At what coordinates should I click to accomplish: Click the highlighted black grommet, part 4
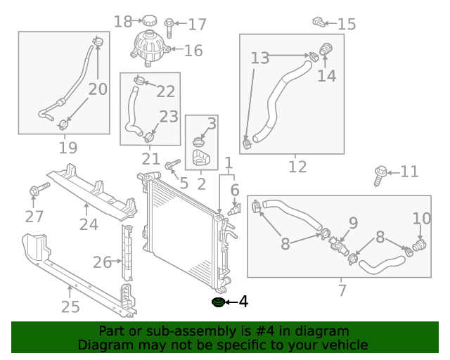[x=218, y=302]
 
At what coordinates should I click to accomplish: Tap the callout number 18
[x=123, y=22]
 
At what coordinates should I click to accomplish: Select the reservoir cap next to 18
[x=150, y=20]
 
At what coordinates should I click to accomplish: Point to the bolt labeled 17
[x=169, y=27]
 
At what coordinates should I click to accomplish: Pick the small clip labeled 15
[x=319, y=22]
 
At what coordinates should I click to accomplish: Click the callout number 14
[x=327, y=76]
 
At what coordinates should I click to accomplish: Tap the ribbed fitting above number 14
[x=326, y=49]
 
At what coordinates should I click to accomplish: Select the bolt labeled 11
[x=380, y=176]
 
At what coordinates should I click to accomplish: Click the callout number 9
[x=353, y=223]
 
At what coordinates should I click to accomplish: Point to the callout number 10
[x=422, y=219]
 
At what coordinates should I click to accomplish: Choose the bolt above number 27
[x=39, y=189]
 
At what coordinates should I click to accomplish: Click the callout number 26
[x=102, y=262]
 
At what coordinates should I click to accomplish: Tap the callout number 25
[x=70, y=307]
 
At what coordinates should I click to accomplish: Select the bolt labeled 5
[x=172, y=165]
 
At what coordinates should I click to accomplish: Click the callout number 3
[x=212, y=124]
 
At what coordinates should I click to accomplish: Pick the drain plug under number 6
[x=234, y=210]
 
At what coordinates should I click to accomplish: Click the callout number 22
[x=166, y=91]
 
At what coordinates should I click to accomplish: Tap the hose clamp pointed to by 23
[x=149, y=137]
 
